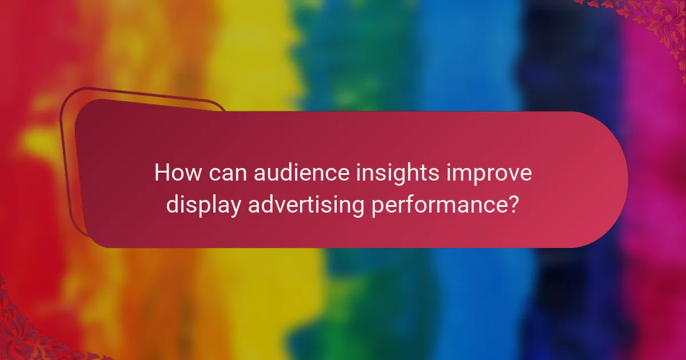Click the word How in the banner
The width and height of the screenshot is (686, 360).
pos(174,173)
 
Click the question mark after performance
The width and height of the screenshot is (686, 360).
pos(513,204)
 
